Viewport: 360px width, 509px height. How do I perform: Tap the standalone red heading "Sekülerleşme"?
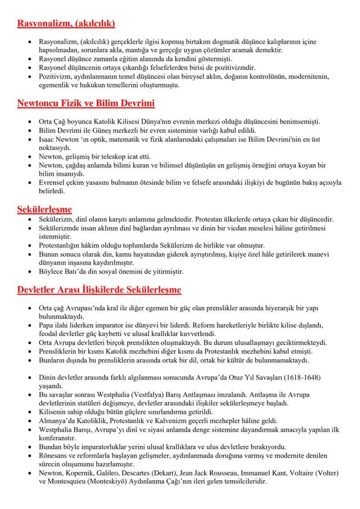click(44, 209)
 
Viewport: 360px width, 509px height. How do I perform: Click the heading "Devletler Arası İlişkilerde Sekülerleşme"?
click(99, 289)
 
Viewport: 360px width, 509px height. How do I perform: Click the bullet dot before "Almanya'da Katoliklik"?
click(29, 421)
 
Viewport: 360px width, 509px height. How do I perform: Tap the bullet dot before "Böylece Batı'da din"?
click(29, 273)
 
